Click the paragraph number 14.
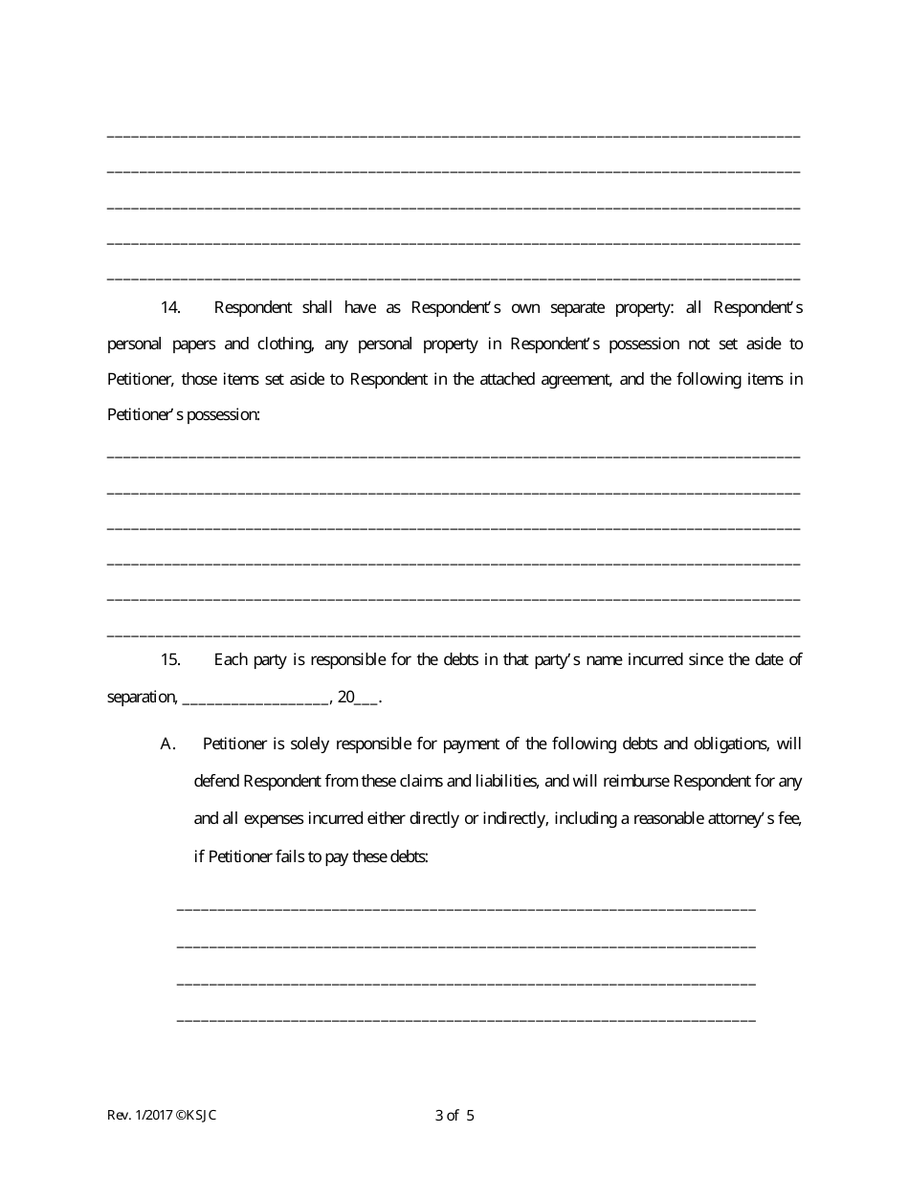(x=170, y=308)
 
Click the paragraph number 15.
(x=170, y=660)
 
